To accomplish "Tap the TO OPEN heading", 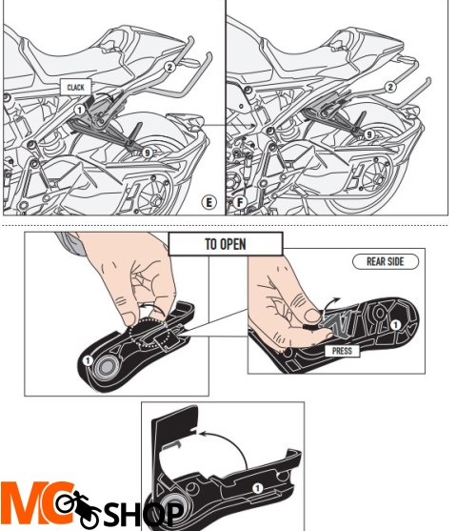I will tap(226, 243).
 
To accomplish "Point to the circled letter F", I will tap(240, 203).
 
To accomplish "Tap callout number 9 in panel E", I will tap(148, 153).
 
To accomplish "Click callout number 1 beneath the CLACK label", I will tap(80, 110).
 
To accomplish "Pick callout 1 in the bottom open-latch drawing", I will tap(254, 487).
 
